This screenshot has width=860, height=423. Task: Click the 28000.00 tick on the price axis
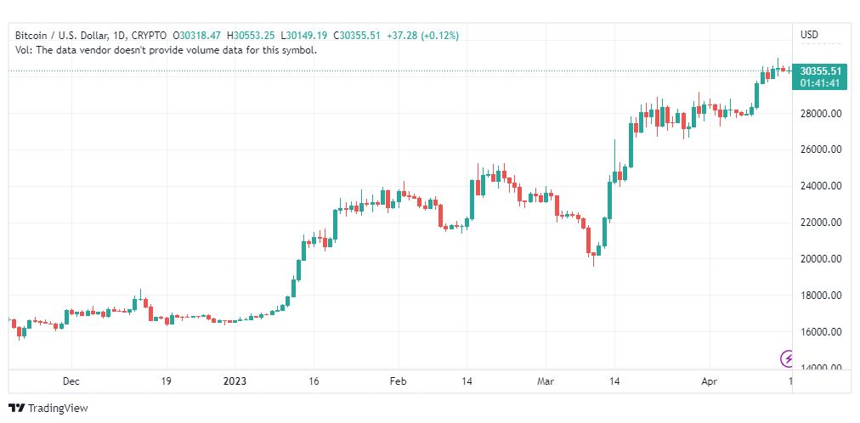[820, 113]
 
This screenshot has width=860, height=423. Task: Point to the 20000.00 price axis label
[820, 259]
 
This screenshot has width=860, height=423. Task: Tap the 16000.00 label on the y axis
[820, 332]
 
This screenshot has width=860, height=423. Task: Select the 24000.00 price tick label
[820, 186]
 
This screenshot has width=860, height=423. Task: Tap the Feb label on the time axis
[398, 381]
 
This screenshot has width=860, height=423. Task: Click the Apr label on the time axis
[709, 381]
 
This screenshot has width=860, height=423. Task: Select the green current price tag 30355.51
[820, 71]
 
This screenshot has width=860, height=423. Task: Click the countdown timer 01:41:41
[820, 82]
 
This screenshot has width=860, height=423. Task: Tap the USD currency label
[809, 35]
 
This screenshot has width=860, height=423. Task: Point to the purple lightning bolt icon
[788, 358]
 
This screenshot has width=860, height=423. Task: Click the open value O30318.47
[196, 36]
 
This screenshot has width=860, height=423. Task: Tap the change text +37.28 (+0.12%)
[422, 36]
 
